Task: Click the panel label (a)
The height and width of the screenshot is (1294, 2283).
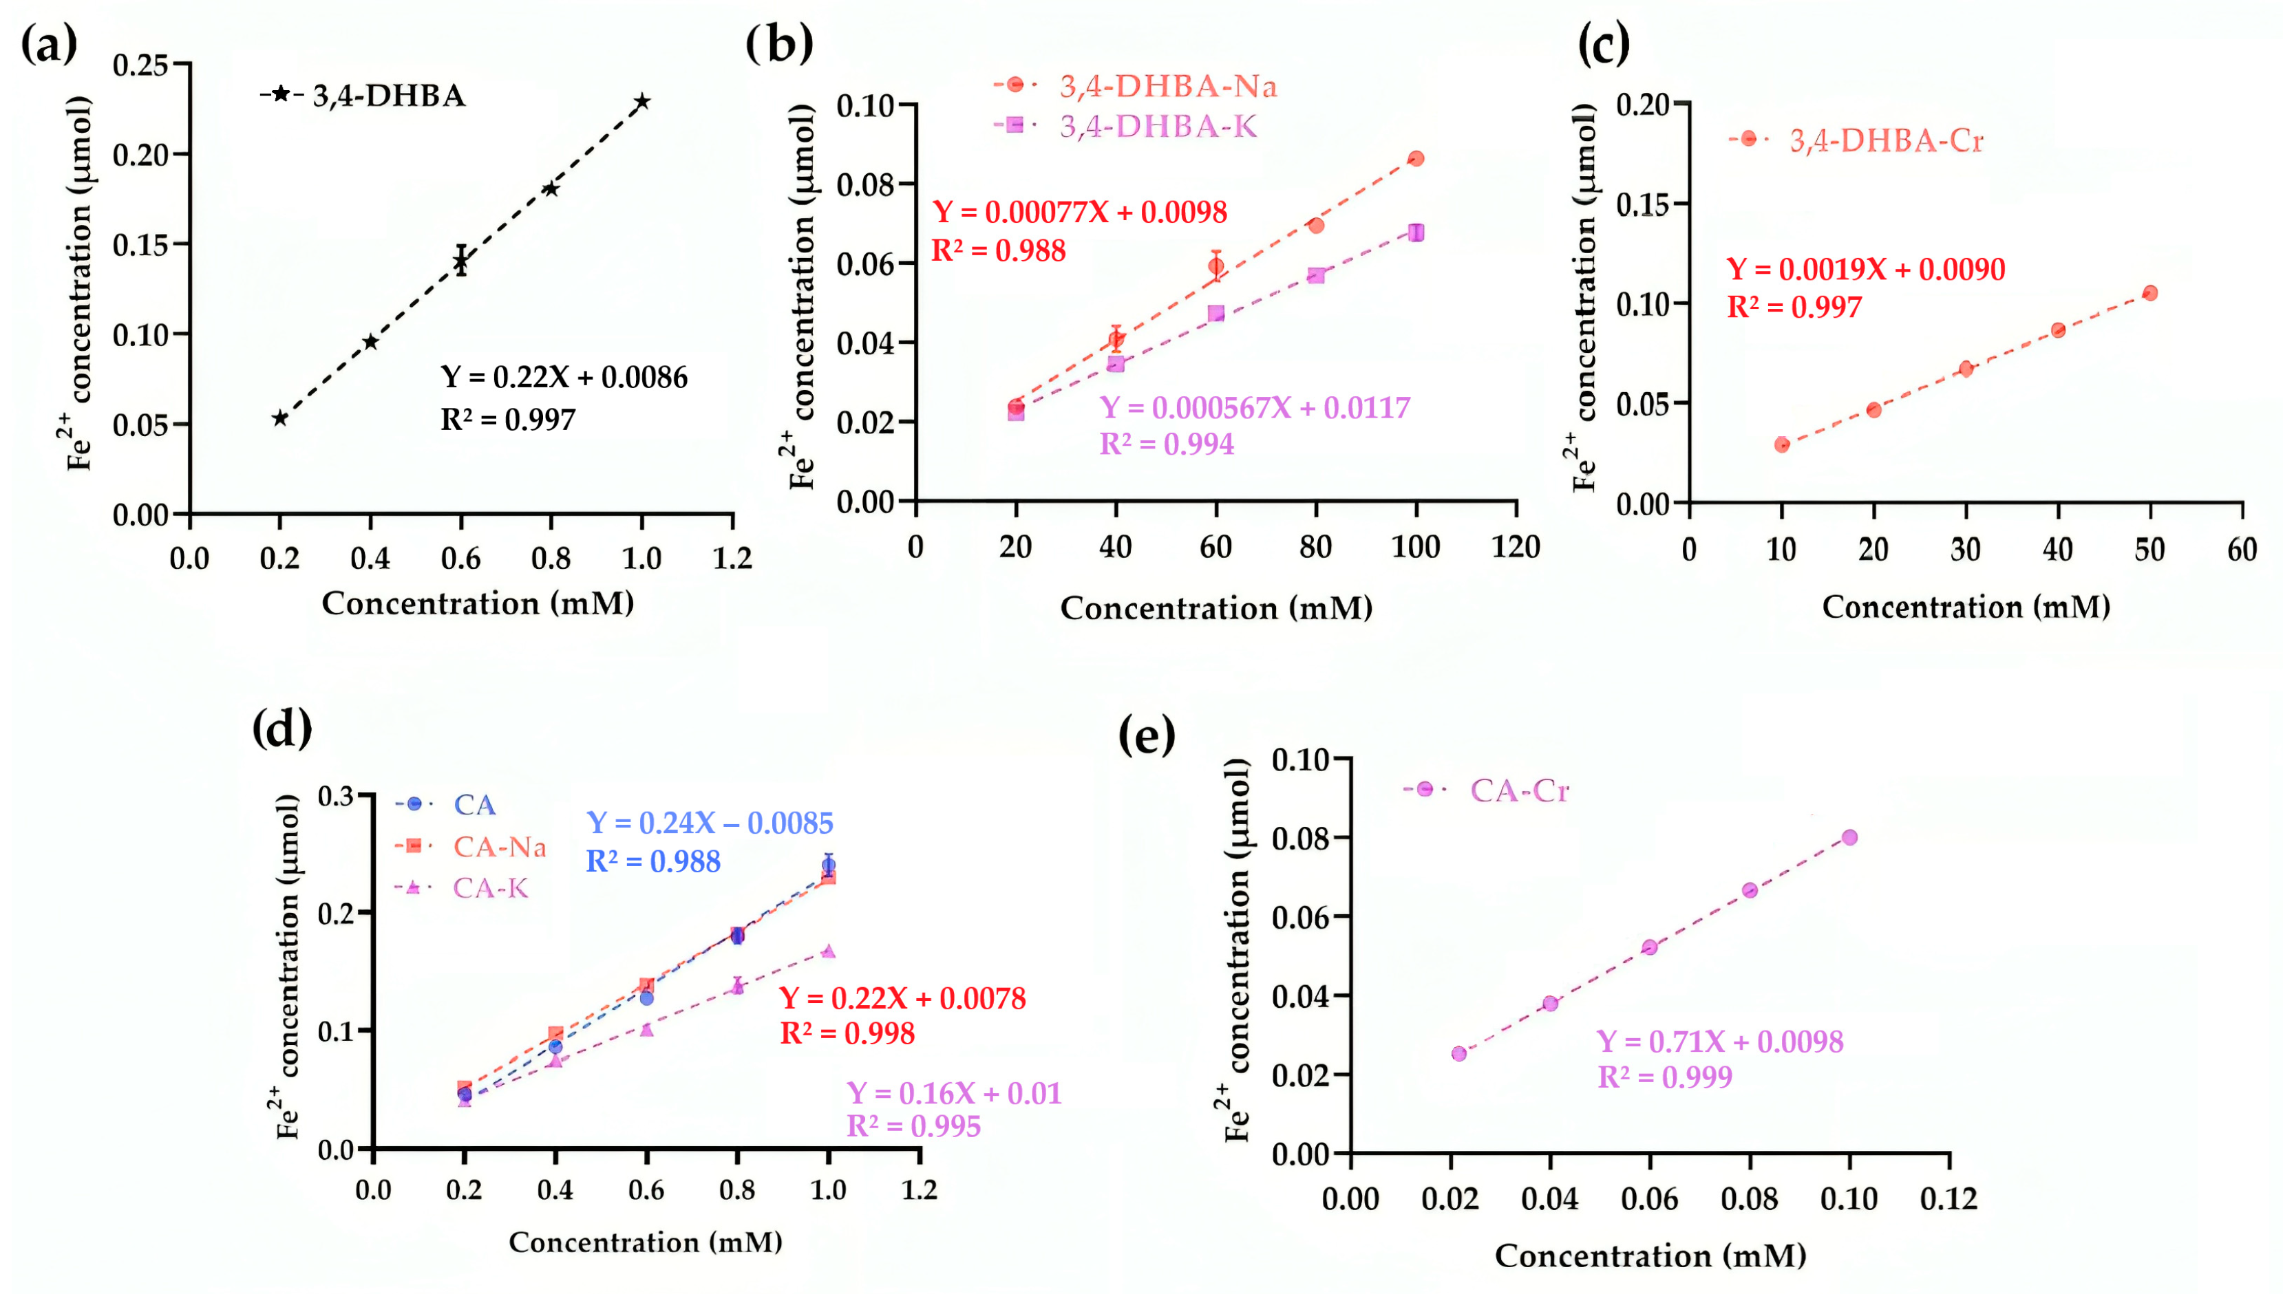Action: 49,45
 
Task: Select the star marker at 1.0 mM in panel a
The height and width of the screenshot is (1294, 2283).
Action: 642,101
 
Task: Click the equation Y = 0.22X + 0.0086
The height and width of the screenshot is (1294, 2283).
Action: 564,377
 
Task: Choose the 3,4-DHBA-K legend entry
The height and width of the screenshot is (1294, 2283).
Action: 1125,126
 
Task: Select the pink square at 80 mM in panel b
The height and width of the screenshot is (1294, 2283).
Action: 1316,275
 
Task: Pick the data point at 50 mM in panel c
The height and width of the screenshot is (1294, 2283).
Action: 2149,293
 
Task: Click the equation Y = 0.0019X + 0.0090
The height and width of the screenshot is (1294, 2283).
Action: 1865,268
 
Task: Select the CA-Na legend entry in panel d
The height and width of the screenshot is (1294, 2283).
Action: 471,846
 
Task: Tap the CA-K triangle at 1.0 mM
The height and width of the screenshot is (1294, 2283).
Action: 828,951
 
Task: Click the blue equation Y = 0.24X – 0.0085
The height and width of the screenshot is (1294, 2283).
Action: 710,823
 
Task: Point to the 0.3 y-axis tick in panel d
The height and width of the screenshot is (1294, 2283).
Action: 336,795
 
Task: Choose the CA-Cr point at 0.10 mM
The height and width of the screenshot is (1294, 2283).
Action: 1849,837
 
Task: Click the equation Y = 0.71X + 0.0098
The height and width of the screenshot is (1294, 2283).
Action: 1719,1041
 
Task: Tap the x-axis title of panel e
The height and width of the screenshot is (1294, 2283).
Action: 1650,1255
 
